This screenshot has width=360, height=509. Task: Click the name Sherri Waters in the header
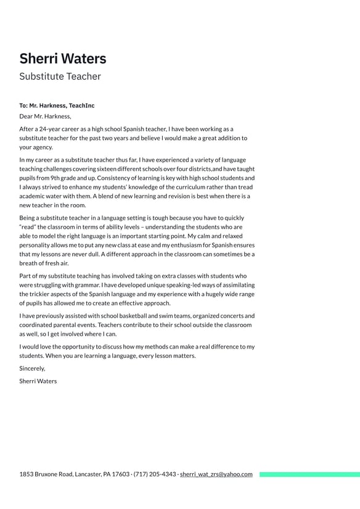click(x=62, y=59)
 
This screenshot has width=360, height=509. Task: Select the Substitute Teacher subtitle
click(x=60, y=77)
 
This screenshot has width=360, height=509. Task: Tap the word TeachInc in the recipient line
click(x=81, y=106)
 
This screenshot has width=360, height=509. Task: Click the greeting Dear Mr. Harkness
click(x=45, y=116)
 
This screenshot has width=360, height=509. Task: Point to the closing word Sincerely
click(x=32, y=368)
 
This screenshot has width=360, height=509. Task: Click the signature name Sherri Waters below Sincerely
click(x=38, y=381)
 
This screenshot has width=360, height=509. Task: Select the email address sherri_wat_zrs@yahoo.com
click(x=216, y=474)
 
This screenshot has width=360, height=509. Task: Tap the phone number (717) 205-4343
click(x=155, y=474)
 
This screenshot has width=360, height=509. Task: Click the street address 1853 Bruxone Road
click(x=46, y=474)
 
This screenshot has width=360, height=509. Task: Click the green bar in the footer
click(x=309, y=474)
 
